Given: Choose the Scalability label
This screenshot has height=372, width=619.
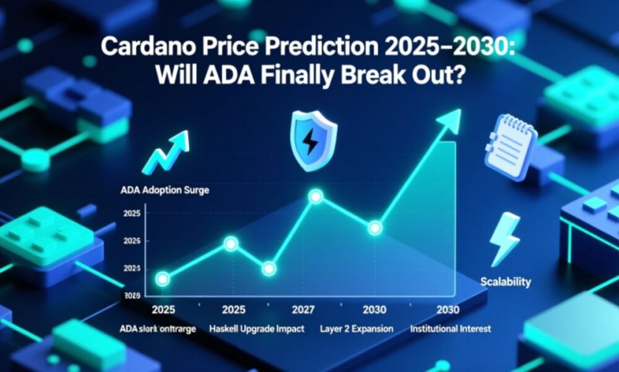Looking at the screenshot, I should pyautogui.click(x=506, y=282).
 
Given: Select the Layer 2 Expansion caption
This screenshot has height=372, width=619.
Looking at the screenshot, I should pyautogui.click(x=356, y=329).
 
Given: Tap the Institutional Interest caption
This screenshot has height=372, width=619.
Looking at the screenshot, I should pyautogui.click(x=451, y=329).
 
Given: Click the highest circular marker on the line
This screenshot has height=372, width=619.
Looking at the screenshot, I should pyautogui.click(x=316, y=197).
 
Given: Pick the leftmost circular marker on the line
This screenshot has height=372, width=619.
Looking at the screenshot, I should pyautogui.click(x=163, y=279).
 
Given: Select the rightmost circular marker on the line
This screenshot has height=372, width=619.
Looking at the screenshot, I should pyautogui.click(x=374, y=228).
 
